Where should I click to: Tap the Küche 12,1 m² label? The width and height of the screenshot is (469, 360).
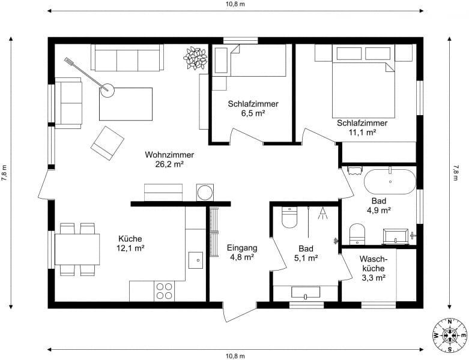point(130,243)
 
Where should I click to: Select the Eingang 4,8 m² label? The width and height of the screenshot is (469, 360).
point(242,253)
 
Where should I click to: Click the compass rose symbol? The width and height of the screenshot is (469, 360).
point(450,335)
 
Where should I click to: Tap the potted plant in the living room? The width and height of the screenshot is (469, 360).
point(195,58)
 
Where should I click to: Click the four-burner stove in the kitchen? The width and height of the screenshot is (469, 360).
point(164,291)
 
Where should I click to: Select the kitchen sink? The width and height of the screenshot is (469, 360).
point(196,260)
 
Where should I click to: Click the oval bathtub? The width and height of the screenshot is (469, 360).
point(390,182)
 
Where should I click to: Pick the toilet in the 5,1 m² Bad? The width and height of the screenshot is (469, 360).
point(289,217)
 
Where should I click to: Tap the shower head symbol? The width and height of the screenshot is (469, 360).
point(322,213)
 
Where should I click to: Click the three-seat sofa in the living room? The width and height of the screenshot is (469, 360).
point(127,58)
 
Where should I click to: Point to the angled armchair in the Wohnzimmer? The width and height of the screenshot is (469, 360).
point(107,143)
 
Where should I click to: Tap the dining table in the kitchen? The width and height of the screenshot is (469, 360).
point(77,250)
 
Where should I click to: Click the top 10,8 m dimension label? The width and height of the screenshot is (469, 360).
point(235,4)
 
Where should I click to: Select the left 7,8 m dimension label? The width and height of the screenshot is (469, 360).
point(4,173)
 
